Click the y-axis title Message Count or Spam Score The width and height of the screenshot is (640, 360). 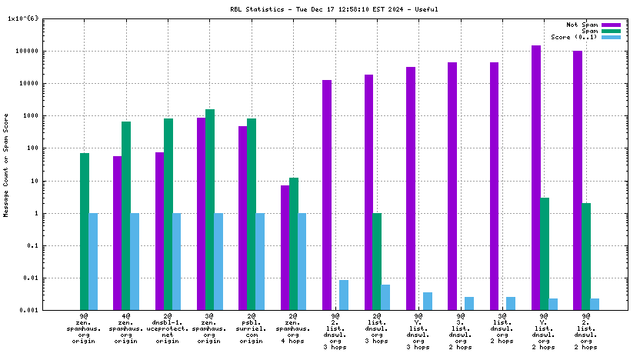click(x=7, y=165)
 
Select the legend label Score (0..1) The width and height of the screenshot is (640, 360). click(x=574, y=37)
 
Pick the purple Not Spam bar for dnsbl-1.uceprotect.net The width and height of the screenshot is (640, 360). click(x=159, y=231)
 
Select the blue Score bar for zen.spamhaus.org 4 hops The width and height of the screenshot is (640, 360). click(x=302, y=262)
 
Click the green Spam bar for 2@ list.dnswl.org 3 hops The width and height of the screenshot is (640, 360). click(x=377, y=262)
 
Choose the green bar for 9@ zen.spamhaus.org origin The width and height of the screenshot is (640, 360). click(x=85, y=231)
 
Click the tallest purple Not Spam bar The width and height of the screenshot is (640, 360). click(x=535, y=178)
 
